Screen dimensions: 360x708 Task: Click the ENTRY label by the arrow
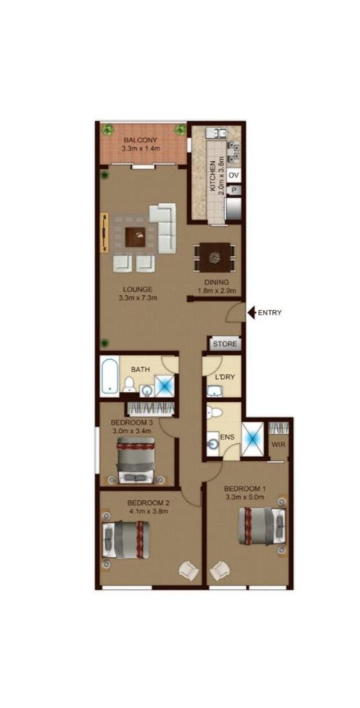(270, 312)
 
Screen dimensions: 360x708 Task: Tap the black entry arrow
(251, 312)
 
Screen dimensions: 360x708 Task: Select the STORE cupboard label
(225, 344)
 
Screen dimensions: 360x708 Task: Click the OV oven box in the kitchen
(233, 175)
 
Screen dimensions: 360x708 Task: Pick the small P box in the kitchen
(234, 191)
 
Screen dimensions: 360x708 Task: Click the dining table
(214, 258)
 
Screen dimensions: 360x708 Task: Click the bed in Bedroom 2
(124, 540)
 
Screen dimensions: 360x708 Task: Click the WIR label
(277, 445)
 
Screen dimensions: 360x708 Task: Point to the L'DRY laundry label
(225, 378)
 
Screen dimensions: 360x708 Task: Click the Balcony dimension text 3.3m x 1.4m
(141, 148)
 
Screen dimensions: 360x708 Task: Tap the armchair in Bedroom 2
(189, 571)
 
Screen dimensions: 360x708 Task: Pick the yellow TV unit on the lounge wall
(105, 232)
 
